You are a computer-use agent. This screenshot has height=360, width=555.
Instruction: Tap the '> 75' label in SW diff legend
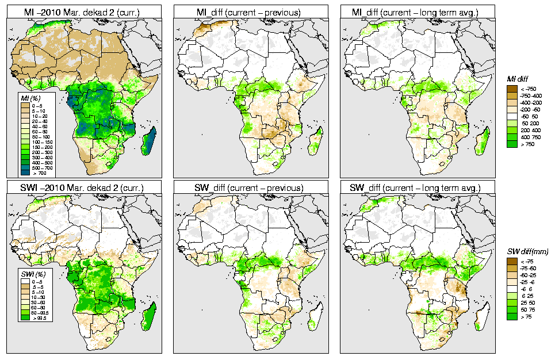(525, 317)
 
